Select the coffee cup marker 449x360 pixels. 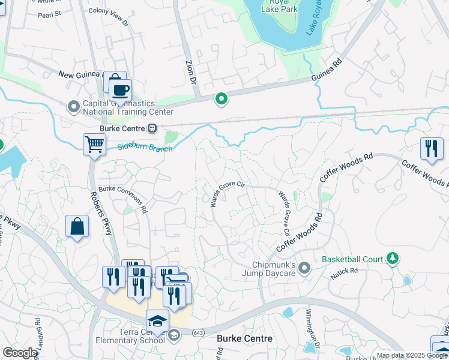[120, 90]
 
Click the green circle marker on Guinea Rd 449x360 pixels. [221, 99]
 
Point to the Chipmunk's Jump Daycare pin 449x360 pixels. [304, 267]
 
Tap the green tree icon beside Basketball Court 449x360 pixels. [393, 259]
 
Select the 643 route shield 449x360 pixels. [197, 332]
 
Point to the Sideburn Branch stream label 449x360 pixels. [145, 146]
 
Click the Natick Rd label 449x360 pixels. [344, 274]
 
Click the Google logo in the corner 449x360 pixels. [20, 353]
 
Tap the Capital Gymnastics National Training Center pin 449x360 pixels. [74, 107]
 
